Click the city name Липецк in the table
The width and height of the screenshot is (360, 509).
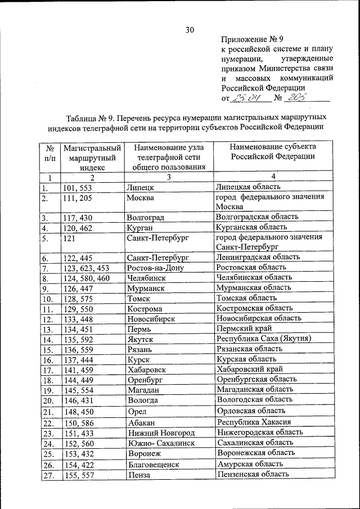click(141, 187)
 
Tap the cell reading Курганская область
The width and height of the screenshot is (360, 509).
click(251, 227)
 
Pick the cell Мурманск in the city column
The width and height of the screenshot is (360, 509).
click(145, 288)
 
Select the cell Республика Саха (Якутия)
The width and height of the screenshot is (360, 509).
click(264, 339)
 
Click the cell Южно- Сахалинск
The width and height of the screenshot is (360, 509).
click(161, 443)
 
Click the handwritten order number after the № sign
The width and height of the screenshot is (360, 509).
click(295, 98)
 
